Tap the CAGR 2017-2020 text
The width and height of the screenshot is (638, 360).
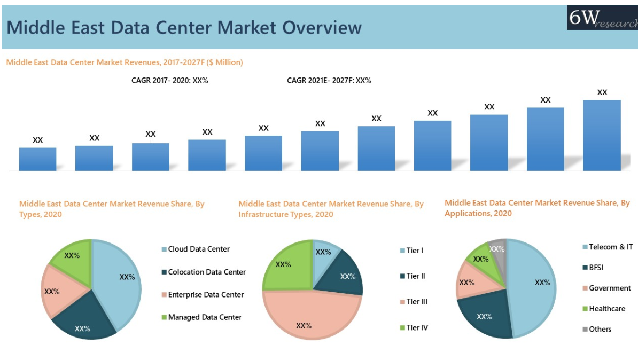(169, 81)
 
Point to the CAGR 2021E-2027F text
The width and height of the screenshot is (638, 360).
(329, 81)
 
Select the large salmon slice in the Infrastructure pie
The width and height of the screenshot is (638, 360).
(307, 318)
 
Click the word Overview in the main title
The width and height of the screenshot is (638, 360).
(322, 27)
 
